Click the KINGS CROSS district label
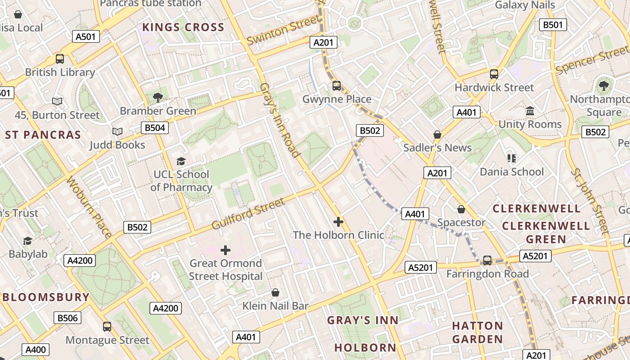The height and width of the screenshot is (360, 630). tap(183, 27)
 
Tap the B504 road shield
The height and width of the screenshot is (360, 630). tap(154, 128)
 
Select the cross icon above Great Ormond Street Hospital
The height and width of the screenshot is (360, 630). tap(225, 250)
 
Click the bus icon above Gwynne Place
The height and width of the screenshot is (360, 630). tap(337, 86)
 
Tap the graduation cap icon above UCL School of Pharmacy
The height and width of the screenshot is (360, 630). tap(181, 161)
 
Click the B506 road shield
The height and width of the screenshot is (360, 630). tap(67, 318)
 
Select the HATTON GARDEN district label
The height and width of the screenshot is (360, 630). tap(477, 332)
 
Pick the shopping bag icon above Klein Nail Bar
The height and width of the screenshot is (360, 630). tap(275, 293)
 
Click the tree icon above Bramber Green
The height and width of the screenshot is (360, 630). tap(157, 97)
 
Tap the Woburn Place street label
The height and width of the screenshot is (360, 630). tap(89, 207)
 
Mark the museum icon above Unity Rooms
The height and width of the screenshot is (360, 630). tap(530, 111)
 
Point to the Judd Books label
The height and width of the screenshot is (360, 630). tap(117, 145)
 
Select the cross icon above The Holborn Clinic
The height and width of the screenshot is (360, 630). tap(338, 222)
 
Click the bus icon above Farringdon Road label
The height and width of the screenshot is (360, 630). tap(487, 260)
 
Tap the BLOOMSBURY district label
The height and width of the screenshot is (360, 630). tap(46, 297)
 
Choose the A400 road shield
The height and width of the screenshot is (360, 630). tap(36, 350)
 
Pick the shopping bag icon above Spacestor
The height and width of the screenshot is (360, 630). tap(461, 209)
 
